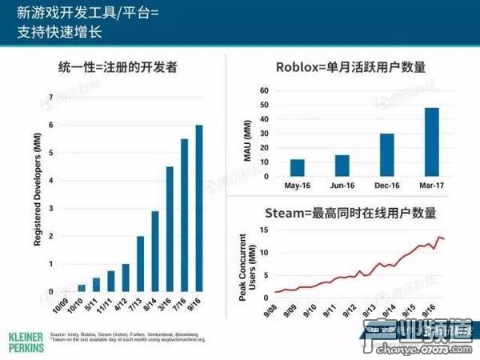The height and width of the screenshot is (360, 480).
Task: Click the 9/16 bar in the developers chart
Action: pyautogui.click(x=199, y=209)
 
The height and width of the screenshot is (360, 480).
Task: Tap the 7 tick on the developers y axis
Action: pyautogui.click(x=53, y=98)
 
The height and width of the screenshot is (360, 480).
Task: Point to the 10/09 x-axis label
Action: pyautogui.click(x=59, y=307)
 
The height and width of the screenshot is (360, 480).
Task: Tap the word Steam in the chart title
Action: pyautogui.click(x=286, y=214)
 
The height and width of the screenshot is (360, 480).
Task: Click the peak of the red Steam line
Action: pyautogui.click(x=439, y=237)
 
